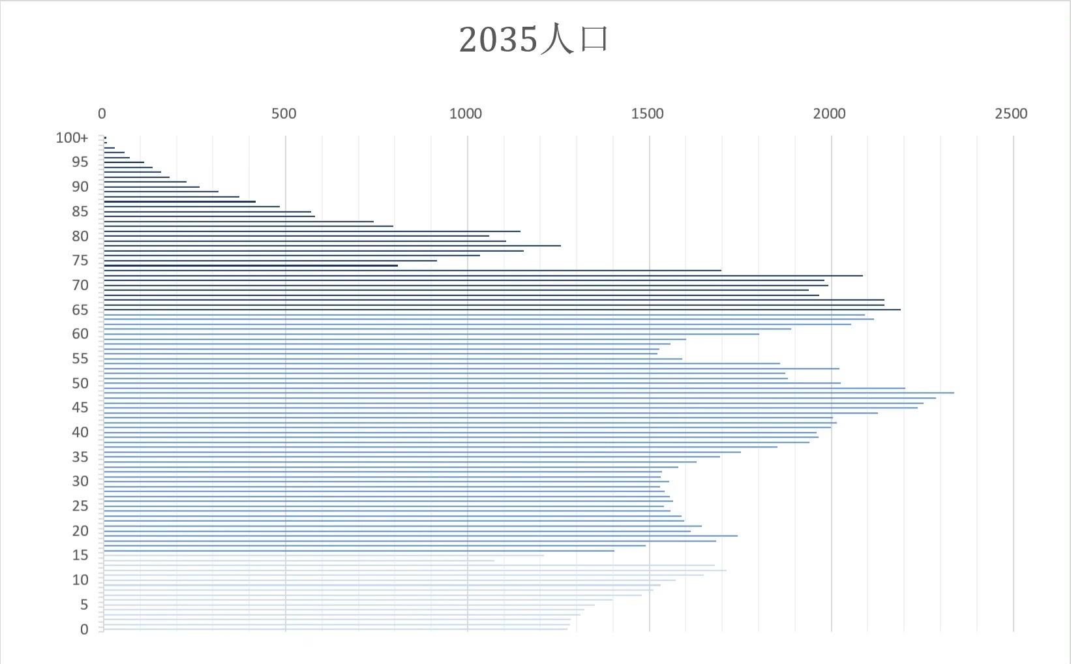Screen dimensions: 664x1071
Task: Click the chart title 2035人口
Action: coord(534,39)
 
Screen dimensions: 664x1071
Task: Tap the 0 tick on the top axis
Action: coord(102,113)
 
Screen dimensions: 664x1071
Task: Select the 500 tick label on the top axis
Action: coord(284,113)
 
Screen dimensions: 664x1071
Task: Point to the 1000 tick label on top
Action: coord(466,113)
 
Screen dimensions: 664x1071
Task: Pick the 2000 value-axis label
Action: coord(829,113)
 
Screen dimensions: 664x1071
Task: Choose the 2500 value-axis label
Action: coord(1011,113)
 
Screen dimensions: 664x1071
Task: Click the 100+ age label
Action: coord(72,138)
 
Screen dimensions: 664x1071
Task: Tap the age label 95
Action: coord(80,162)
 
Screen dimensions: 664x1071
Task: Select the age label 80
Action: coord(80,236)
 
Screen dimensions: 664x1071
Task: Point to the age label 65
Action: coord(80,310)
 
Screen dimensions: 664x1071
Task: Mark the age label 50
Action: coord(80,384)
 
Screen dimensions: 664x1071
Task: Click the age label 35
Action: coord(80,457)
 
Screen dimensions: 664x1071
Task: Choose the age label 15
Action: coord(80,555)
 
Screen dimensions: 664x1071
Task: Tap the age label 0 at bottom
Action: coord(84,629)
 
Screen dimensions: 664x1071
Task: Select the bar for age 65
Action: coord(502,310)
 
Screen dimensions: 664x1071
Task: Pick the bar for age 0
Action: coord(336,629)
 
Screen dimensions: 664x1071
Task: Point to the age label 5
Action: coord(84,605)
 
